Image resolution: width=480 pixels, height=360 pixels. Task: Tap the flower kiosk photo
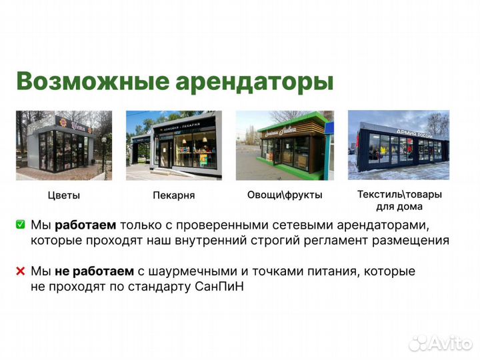64,145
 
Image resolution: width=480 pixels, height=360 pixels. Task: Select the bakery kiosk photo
175,145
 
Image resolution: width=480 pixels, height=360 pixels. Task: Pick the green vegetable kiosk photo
284,145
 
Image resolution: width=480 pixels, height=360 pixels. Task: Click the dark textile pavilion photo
399,145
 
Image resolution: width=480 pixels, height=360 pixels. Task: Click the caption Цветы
64,195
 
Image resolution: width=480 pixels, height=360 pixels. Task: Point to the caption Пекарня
174,195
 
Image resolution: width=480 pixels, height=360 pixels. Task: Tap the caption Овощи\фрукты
285,195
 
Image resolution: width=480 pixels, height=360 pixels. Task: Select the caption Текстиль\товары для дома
399,201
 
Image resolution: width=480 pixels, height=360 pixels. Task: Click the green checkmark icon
21,225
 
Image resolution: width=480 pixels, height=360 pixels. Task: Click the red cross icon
21,271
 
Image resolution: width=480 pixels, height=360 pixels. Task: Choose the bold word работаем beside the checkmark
85,225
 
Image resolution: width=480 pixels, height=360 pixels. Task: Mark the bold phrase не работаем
95,271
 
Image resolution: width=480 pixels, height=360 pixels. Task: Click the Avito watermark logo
441,343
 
